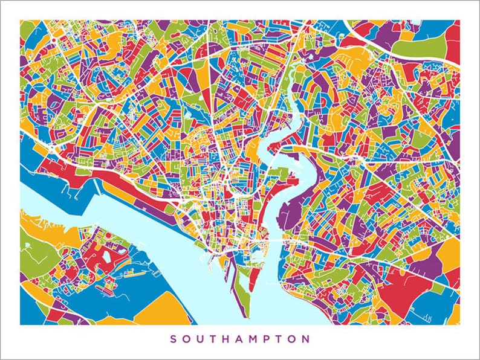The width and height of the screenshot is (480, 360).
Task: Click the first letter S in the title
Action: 173,339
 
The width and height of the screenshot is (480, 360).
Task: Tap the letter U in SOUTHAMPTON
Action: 201,339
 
